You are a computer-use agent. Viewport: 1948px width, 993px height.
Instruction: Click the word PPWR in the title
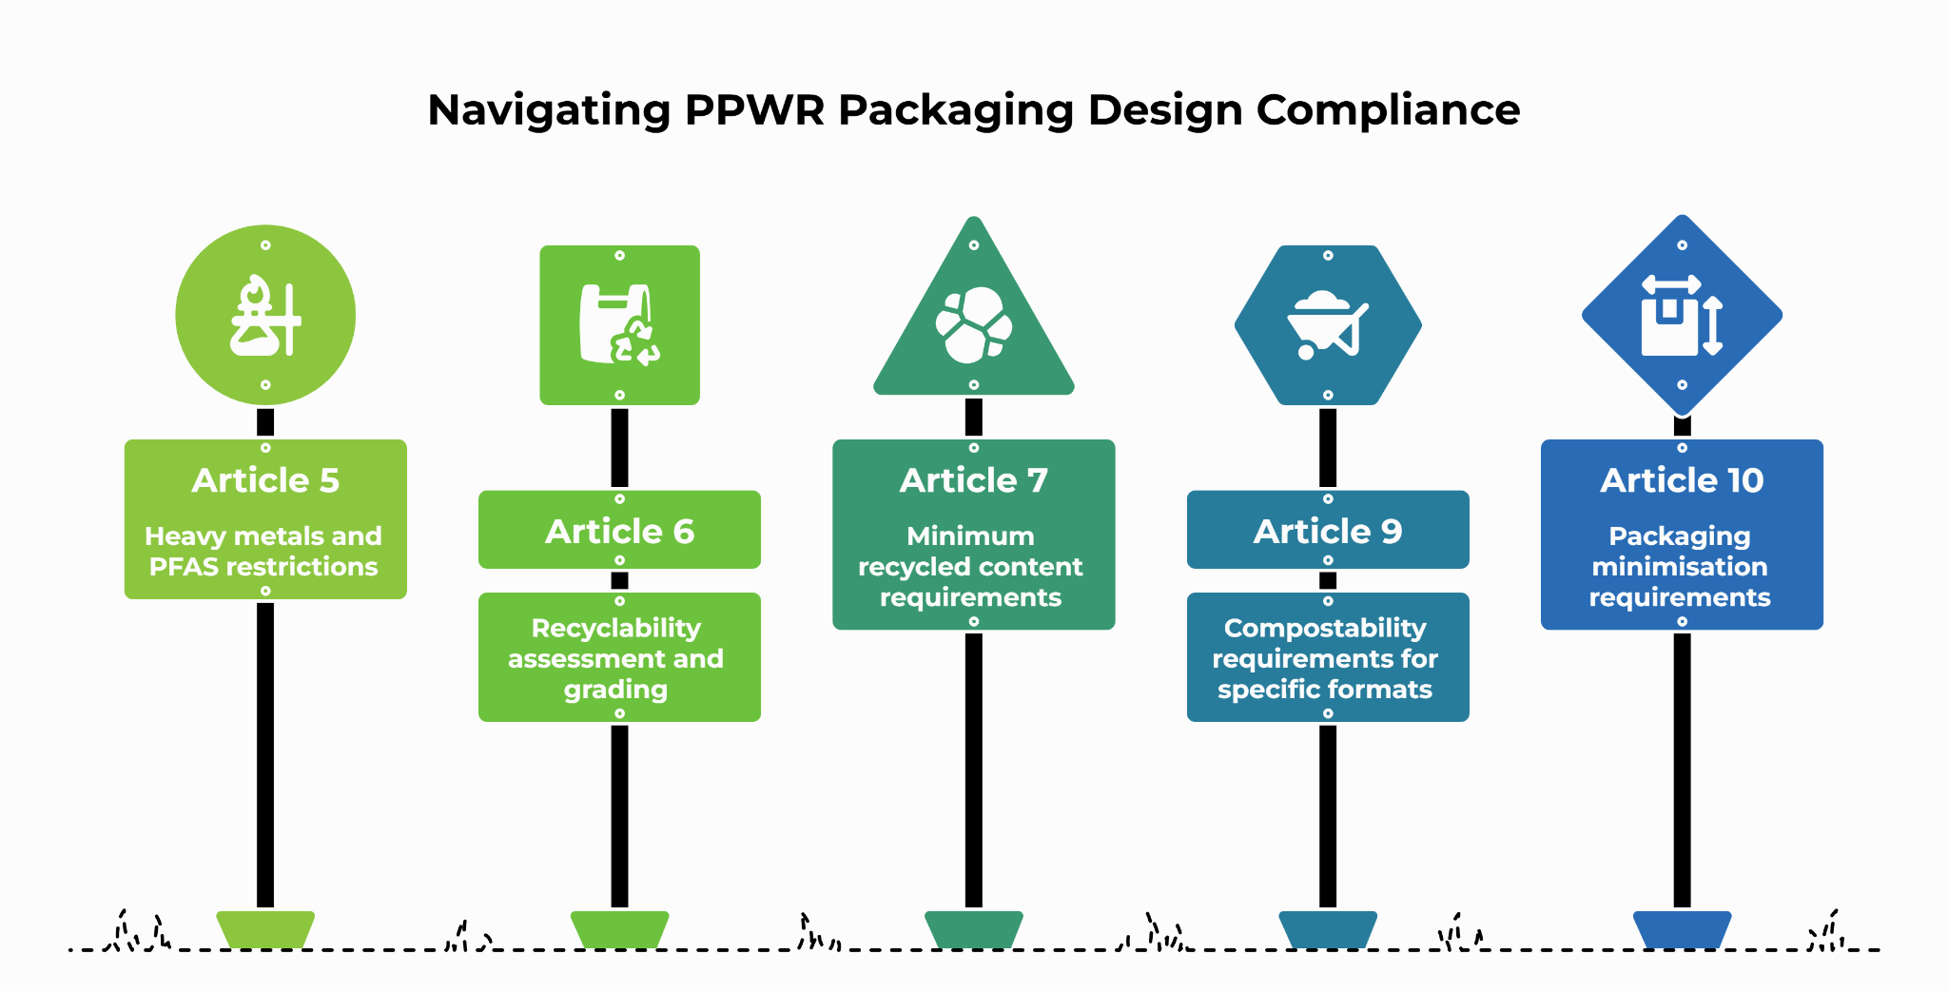[755, 110]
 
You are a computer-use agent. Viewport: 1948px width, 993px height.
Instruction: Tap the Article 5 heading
[265, 480]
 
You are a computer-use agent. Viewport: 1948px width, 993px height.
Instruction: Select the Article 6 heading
[619, 531]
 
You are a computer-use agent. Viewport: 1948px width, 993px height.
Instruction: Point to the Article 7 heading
[974, 480]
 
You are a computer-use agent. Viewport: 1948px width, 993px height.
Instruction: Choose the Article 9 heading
[1328, 531]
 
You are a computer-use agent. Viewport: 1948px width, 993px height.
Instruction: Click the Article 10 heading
[1682, 480]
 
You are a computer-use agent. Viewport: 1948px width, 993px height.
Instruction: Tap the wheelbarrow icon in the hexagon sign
[1328, 325]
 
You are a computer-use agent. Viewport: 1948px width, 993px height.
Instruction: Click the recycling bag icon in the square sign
[619, 325]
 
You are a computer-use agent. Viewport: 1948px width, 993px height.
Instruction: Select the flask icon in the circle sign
[265, 316]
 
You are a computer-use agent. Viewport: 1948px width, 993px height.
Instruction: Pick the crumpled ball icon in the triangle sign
[974, 325]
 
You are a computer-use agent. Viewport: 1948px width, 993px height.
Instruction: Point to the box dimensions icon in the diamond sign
[1682, 316]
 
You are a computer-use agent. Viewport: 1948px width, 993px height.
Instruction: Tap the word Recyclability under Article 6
[616, 629]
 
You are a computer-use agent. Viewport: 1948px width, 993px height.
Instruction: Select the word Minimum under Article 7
[970, 536]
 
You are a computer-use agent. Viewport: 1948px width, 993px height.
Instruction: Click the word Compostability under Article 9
[1325, 629]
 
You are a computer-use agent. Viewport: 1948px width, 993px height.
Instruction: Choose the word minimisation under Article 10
[1680, 567]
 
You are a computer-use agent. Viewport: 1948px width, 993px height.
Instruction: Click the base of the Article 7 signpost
[974, 929]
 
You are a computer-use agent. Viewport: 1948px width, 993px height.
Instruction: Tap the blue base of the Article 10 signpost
[1682, 929]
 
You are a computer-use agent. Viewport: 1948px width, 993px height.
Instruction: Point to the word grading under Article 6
[616, 691]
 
